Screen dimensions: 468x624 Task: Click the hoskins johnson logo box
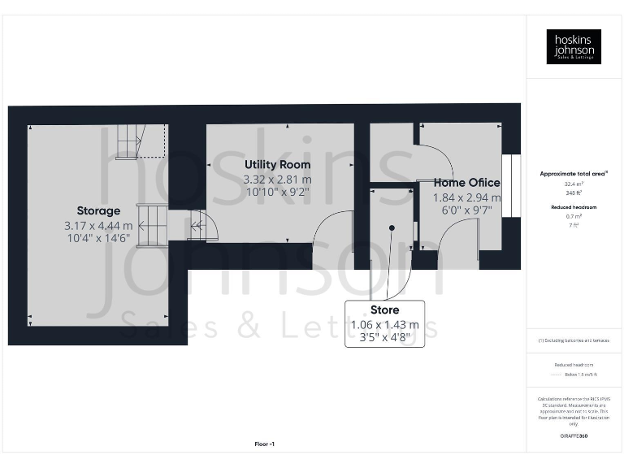[x=574, y=46]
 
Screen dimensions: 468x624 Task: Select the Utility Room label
[x=277, y=164]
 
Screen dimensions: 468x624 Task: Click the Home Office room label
[x=466, y=183]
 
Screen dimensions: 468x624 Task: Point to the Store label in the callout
[x=384, y=310]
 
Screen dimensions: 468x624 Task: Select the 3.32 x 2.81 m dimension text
[x=277, y=179]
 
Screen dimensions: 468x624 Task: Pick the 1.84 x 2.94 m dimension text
[x=466, y=197]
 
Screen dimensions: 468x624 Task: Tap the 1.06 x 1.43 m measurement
[x=384, y=324]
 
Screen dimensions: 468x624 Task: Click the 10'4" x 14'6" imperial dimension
[x=98, y=239]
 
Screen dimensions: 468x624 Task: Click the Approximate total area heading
[x=574, y=174]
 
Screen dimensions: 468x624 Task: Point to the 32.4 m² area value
[x=574, y=184]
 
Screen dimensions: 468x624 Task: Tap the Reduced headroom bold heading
[x=574, y=207]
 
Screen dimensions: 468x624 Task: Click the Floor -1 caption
[x=265, y=444]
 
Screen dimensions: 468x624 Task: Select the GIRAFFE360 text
[x=574, y=436]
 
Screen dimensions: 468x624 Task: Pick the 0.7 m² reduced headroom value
[x=574, y=216]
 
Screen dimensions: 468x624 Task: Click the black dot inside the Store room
[x=391, y=228]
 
